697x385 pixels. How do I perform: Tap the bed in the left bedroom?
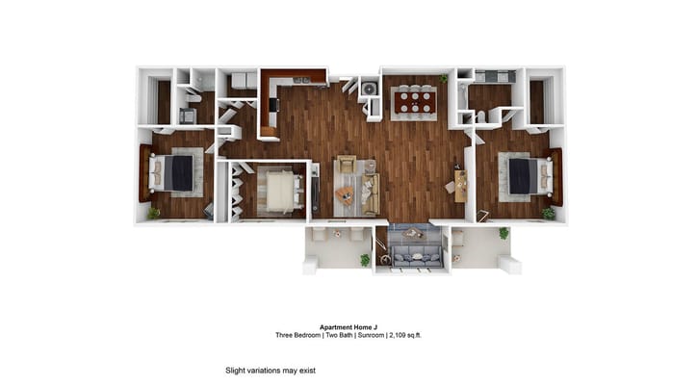click(175, 172)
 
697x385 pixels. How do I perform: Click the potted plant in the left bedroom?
click(154, 213)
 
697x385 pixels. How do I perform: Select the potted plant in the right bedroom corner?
click(548, 213)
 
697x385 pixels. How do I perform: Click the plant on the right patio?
click(503, 233)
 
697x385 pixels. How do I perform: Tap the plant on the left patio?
click(365, 259)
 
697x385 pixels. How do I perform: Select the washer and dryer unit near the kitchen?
click(370, 90)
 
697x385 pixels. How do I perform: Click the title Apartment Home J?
click(348, 327)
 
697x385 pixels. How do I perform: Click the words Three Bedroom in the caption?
click(297, 336)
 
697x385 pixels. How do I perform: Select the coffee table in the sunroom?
click(411, 234)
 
